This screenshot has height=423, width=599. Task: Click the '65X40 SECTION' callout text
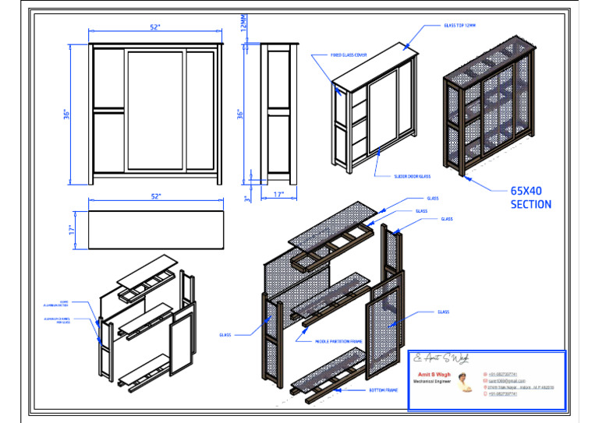pos(530,197)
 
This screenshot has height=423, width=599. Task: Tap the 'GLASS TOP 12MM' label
pos(459,25)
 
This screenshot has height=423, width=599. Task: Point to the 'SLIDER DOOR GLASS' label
pos(412,176)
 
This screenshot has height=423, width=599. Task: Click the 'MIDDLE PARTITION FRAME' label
pos(338,341)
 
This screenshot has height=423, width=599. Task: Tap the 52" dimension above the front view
pos(156,27)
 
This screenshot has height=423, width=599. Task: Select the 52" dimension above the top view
pos(156,196)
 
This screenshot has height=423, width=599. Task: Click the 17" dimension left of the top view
pos(71,230)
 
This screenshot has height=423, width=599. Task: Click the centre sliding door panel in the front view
pos(155,110)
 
